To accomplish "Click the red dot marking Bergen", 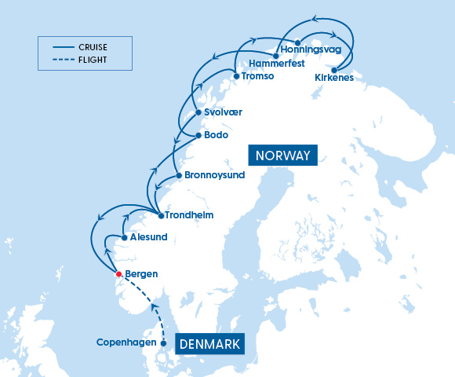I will point(118,274).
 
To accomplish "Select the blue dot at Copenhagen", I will point(163,342).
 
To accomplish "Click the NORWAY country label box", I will point(282,155).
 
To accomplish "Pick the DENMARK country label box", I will point(209,344).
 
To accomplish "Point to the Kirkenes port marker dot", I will point(335,69).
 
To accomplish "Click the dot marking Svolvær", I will point(198,112).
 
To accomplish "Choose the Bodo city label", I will point(216,135).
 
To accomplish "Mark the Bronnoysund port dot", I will point(179,175).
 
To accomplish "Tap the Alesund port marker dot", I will point(124,236).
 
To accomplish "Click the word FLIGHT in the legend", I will point(93,59).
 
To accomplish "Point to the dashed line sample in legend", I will point(60,59).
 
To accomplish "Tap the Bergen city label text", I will point(142,274).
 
